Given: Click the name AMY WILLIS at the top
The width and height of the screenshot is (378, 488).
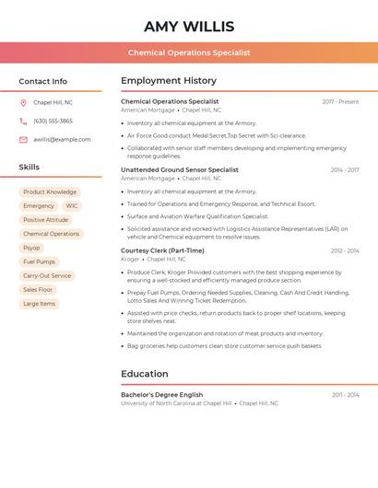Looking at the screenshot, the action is click(189, 27).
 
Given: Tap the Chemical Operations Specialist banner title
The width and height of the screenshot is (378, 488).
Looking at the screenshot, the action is click(189, 52).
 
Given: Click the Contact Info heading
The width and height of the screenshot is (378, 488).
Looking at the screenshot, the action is click(43, 81).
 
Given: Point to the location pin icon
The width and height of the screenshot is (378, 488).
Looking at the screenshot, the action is click(23, 102).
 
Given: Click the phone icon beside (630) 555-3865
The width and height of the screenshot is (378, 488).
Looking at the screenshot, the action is click(23, 121).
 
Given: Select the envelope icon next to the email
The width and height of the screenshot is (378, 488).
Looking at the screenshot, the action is click(23, 140).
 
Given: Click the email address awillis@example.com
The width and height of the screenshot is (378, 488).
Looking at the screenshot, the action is click(62, 140).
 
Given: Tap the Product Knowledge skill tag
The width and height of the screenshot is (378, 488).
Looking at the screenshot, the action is click(50, 192).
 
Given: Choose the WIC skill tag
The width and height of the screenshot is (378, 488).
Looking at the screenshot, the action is click(72, 206).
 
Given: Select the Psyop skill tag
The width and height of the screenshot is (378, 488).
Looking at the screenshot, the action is click(31, 248).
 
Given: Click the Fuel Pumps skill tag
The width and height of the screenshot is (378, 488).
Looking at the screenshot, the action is click(40, 261).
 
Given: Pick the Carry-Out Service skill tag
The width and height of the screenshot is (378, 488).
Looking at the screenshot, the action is click(47, 275).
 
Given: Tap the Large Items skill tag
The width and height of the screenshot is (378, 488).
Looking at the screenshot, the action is click(39, 303).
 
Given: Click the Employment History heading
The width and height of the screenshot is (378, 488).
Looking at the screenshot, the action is click(169, 81).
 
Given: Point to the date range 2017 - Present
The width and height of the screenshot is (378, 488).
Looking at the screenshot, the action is click(340, 102).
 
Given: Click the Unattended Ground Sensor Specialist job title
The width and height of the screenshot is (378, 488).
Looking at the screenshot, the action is click(179, 169).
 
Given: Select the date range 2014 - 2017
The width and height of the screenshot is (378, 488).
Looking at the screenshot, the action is click(345, 170).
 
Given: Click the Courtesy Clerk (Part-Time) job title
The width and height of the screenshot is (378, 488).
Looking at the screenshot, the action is click(162, 250).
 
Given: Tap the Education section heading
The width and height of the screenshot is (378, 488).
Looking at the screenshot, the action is click(145, 374).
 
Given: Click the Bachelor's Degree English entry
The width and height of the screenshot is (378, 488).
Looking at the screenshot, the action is click(161, 394).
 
